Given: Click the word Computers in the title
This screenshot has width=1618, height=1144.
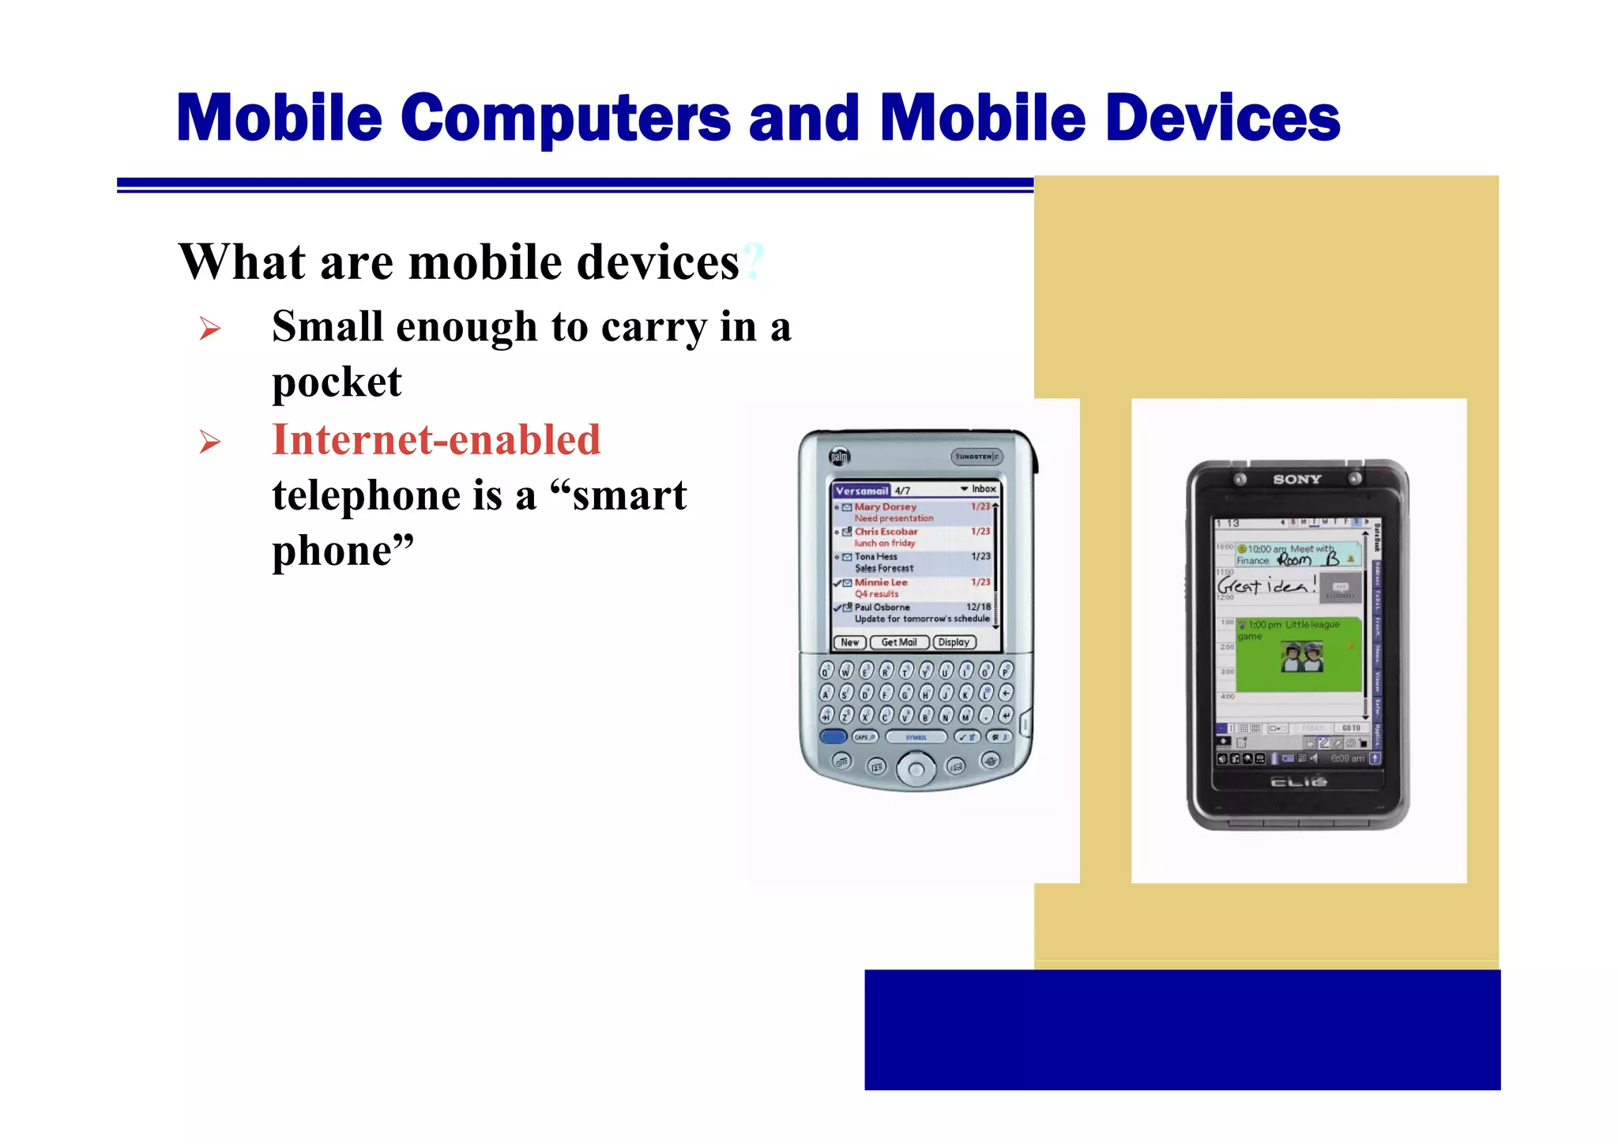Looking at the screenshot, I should [566, 119].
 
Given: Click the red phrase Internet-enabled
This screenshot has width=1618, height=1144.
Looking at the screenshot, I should [436, 440].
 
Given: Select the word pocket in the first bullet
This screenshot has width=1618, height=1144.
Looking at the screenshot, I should [337, 382].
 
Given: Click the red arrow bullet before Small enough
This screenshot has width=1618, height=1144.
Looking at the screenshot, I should [209, 328].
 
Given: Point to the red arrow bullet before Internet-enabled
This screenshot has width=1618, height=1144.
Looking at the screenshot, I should [209, 441].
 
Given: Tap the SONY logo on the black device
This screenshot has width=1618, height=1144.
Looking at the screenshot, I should [1296, 479].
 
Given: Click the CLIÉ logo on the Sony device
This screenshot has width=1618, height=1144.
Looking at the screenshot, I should [1298, 781].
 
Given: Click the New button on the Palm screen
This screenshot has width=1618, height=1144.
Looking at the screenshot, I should [850, 642].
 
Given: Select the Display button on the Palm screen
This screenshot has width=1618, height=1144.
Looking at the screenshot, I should [954, 642].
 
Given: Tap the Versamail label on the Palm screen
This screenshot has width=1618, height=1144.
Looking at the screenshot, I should [862, 491].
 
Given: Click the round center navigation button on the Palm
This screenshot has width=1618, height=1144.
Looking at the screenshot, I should [916, 768].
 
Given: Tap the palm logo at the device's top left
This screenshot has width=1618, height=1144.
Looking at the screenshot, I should [839, 456].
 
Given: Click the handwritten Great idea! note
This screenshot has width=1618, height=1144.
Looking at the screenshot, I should [1266, 585].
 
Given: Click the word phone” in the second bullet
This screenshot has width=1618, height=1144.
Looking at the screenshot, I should [343, 551].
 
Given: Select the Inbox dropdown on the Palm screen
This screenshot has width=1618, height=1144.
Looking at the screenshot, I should [979, 489].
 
